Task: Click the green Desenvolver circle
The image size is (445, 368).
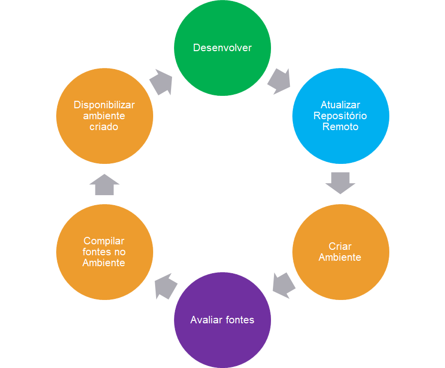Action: point(222,30)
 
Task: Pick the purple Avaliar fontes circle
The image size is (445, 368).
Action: point(222,343)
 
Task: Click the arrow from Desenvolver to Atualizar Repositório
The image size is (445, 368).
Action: point(278,81)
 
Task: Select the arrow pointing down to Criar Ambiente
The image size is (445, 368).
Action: point(341,183)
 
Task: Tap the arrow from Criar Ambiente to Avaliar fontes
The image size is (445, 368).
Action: point(283,285)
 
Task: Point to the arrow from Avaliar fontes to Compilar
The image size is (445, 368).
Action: point(166,286)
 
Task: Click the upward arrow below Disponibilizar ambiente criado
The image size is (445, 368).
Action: point(104,184)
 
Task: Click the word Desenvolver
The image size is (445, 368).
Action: point(222,48)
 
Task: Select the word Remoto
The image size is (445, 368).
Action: point(341,127)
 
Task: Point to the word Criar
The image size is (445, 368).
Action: point(340,246)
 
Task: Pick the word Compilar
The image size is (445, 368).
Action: point(104,241)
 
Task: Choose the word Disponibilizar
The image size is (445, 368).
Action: point(104,105)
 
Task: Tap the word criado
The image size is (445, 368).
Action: point(104,127)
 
